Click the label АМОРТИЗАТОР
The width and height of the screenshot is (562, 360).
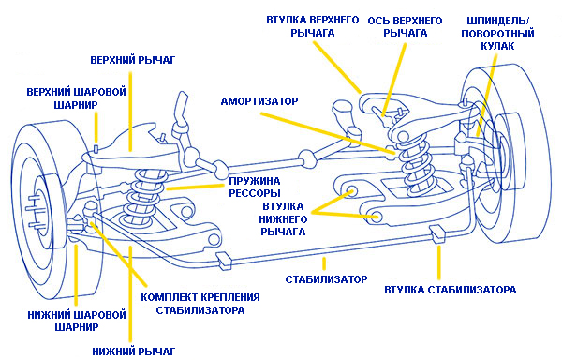259,101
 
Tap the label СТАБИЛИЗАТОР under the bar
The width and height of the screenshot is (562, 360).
327,279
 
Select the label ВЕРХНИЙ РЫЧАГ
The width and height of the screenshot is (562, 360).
133,59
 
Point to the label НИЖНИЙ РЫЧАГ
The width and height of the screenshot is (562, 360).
134,351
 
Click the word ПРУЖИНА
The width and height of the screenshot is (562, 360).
255,181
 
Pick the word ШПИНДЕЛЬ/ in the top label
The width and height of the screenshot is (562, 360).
498,21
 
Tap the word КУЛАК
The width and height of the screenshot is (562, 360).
498,46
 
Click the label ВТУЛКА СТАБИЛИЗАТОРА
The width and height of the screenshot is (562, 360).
451,290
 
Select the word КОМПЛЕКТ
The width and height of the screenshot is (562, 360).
169,297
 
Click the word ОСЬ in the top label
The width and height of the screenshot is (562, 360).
378,21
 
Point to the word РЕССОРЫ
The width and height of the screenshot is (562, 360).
255,193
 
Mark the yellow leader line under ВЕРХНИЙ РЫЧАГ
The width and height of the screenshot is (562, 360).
130,112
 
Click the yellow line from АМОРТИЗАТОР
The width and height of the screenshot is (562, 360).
327,133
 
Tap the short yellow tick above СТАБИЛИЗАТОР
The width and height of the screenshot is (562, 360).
324,263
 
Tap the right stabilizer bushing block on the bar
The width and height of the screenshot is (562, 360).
437,234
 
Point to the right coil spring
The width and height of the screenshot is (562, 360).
417,165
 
